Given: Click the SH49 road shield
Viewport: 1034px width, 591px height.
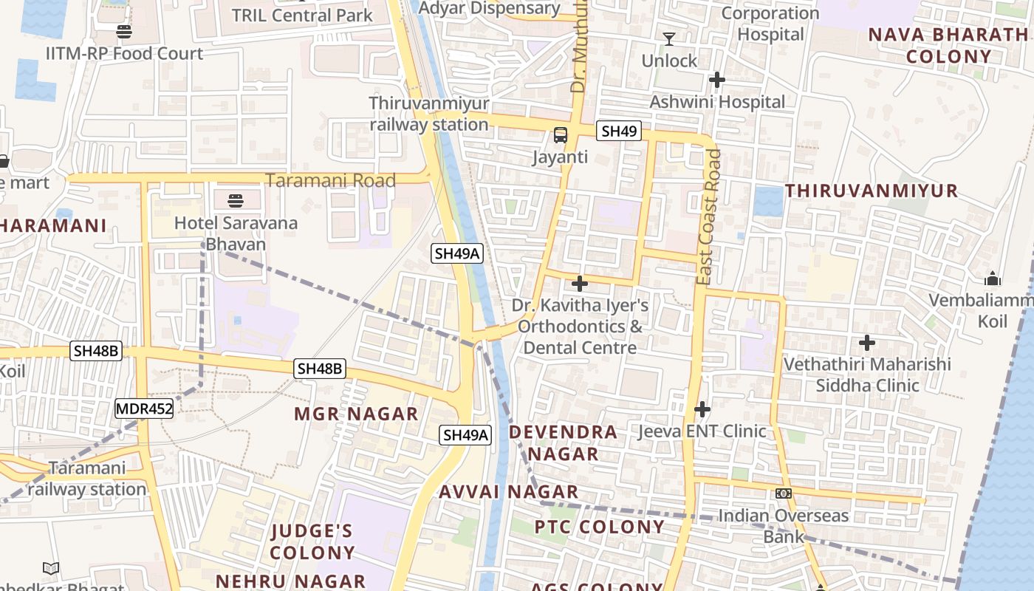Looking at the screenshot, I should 619,131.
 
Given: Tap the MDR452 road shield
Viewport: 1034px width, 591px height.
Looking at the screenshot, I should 144,409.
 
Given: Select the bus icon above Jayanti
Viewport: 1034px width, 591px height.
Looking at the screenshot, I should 561,135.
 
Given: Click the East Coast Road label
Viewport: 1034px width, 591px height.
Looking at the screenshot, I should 709,217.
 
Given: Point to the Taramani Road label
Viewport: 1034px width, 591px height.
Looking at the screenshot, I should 330,180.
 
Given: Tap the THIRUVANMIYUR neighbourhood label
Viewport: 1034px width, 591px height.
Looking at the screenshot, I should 871,191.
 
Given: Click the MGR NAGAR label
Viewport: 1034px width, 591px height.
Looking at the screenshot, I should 356,414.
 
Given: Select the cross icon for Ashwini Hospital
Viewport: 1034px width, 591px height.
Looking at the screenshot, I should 716,80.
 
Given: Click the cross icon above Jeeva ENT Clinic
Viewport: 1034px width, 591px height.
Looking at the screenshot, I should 702,409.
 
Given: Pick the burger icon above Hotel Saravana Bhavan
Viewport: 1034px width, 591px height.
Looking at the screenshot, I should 236,200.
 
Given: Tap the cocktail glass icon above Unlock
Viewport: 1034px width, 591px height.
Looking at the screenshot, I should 669,38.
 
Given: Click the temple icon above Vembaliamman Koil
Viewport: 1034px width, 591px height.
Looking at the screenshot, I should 993,279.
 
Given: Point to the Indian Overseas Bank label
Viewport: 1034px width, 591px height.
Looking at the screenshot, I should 783,525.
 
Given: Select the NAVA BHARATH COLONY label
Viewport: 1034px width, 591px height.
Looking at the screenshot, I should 948,45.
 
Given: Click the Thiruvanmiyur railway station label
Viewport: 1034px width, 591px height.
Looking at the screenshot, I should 428,114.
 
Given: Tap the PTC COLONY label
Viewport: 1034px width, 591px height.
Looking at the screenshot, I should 599,527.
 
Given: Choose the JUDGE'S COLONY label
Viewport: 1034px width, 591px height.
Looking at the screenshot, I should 312,542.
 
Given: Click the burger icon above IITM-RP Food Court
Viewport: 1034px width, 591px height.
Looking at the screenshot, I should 123,32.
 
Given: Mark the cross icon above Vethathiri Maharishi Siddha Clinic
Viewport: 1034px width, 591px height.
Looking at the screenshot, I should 867,343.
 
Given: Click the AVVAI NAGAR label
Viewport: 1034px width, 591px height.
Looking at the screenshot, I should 509,492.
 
